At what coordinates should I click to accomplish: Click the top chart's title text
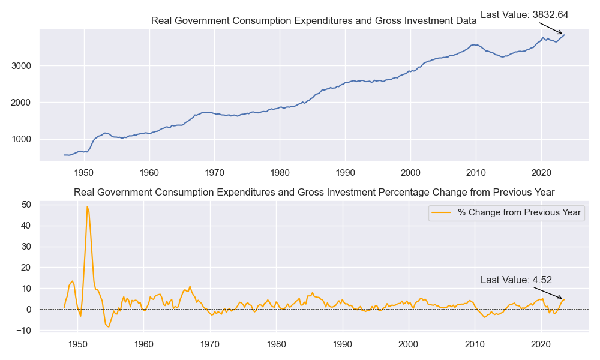point(314,21)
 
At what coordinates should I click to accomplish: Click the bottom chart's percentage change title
point(314,192)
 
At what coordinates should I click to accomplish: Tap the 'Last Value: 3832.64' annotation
point(524,15)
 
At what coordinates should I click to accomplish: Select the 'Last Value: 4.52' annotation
point(516,280)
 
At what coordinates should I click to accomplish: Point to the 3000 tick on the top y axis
point(22,65)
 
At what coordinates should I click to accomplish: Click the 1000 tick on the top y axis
point(22,139)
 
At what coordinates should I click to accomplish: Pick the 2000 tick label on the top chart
point(22,103)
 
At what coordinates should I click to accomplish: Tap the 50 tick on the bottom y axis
point(26,205)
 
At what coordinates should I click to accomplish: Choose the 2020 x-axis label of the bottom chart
point(541,344)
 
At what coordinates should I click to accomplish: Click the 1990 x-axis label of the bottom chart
point(343,344)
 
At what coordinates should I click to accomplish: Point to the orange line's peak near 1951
point(87,207)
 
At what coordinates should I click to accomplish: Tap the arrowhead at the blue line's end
point(563,34)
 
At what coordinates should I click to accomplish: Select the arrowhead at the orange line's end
point(562,299)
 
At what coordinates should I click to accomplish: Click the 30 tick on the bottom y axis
point(26,247)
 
